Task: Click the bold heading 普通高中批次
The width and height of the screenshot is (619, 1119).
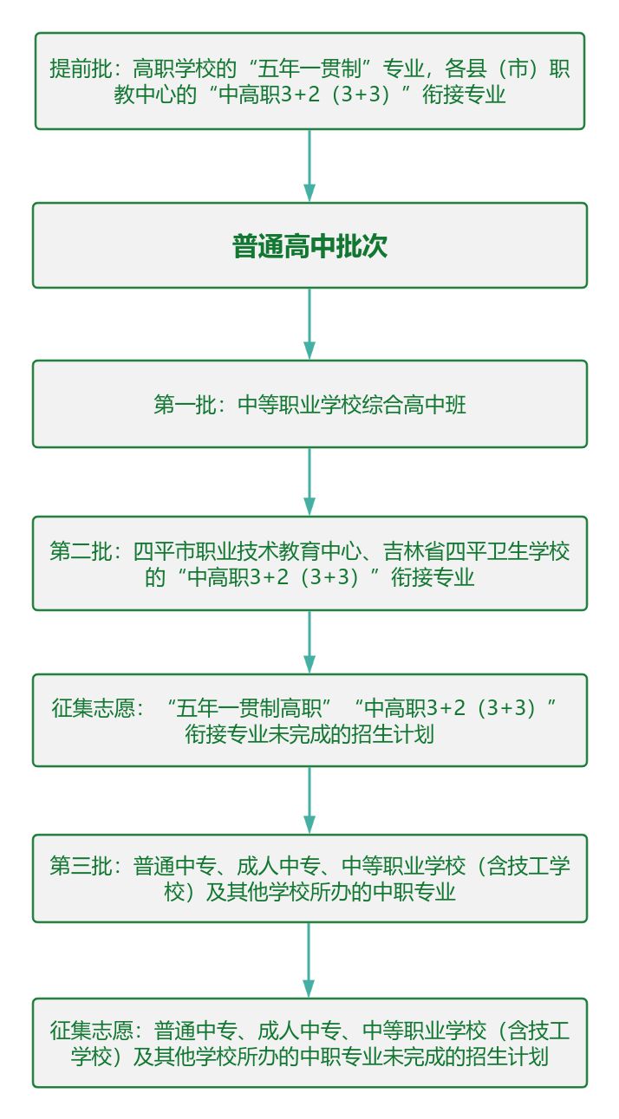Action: pos(309,246)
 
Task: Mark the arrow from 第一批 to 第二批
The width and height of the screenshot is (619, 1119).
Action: pos(309,481)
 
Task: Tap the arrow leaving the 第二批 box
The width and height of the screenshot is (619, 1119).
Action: pos(309,641)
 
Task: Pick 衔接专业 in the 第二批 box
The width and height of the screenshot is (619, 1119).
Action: pos(433,577)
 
